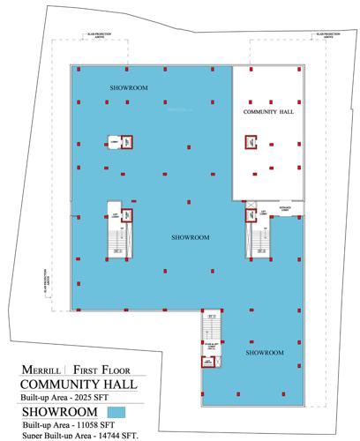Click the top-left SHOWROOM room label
click(x=129, y=89)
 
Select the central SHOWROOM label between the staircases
click(x=190, y=237)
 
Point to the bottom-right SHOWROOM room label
click(x=265, y=353)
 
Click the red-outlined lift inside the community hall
click(x=251, y=141)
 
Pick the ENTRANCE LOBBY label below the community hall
click(x=287, y=208)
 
